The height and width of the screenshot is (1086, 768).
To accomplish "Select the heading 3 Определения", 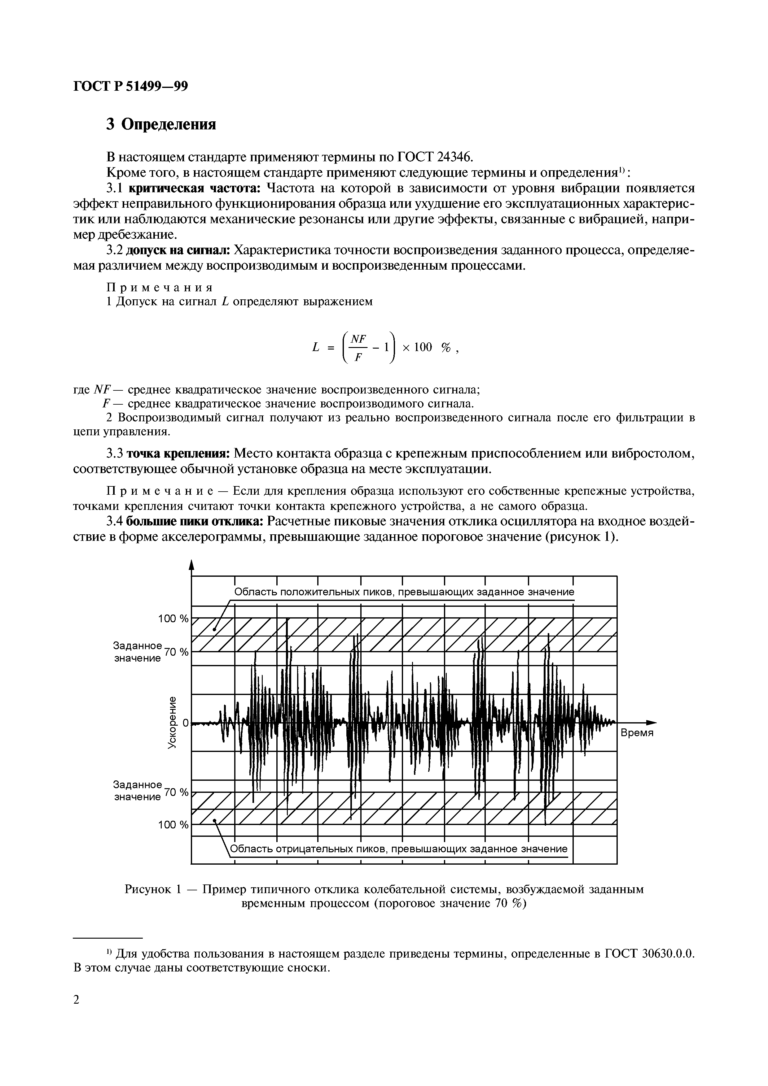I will pos(161,124).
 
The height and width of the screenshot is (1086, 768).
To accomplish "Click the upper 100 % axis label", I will pos(173,619).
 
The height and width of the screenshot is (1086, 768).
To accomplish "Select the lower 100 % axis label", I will pos(173,825).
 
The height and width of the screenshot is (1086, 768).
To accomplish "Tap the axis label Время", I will pos(636,733).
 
